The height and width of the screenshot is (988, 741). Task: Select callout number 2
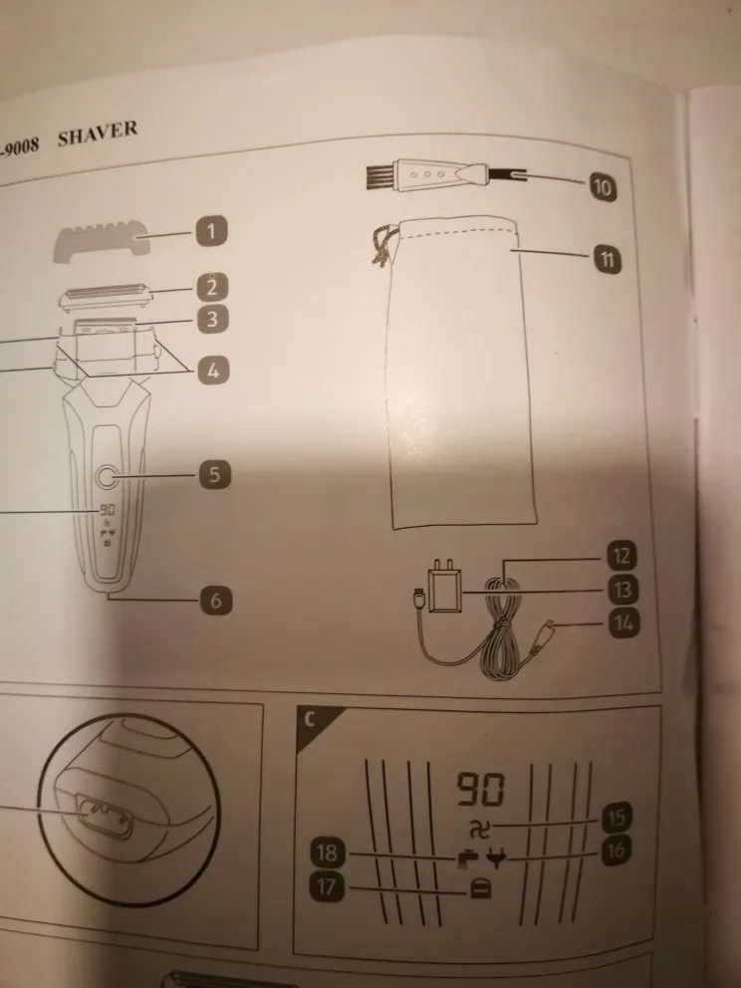[211, 289]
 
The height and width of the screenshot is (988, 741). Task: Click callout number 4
[211, 371]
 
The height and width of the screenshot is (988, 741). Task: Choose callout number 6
[214, 600]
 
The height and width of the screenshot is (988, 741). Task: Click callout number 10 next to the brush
[602, 185]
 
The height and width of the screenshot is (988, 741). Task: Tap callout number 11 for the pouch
[604, 261]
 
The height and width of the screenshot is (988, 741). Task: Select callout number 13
[622, 590]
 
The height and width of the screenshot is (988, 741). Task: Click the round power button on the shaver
[105, 476]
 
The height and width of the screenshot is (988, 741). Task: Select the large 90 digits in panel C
[480, 792]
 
